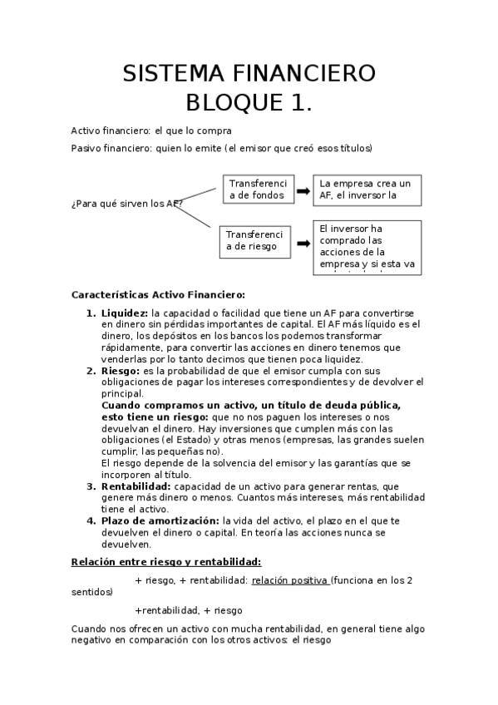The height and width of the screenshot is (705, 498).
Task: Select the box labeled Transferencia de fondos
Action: tap(257, 190)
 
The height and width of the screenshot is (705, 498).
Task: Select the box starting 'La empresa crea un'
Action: tap(367, 190)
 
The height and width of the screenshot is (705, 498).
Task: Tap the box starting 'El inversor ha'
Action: tap(367, 247)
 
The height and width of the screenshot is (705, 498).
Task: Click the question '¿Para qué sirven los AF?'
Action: tap(126, 204)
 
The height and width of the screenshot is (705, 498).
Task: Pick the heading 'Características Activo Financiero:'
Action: tap(159, 294)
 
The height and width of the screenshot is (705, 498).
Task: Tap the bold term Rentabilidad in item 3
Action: tap(136, 486)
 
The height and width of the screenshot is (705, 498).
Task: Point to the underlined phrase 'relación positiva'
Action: tap(289, 580)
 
